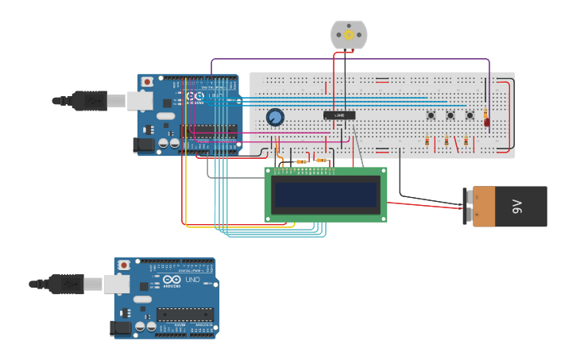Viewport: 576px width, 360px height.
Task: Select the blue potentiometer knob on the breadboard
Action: (x=275, y=118)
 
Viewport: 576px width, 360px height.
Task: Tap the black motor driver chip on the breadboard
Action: (x=339, y=116)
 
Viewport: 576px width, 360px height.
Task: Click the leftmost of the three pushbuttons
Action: (x=431, y=116)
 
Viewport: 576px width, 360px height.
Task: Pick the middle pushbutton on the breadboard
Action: (x=450, y=116)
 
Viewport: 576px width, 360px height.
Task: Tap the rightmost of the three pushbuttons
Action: (x=469, y=116)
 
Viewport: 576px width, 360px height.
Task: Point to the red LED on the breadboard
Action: (x=487, y=122)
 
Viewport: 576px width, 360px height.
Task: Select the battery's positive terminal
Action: (x=467, y=213)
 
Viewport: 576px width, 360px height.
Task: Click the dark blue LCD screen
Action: (x=326, y=194)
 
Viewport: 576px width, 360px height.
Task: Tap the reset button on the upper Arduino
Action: (x=148, y=82)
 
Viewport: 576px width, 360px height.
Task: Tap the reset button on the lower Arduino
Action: (x=124, y=264)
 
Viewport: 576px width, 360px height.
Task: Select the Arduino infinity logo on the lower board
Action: (x=172, y=280)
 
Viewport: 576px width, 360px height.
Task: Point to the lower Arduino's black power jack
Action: (x=121, y=327)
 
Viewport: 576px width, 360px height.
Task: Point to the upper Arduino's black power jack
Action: (x=144, y=145)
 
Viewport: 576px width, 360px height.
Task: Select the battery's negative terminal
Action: (x=467, y=197)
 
